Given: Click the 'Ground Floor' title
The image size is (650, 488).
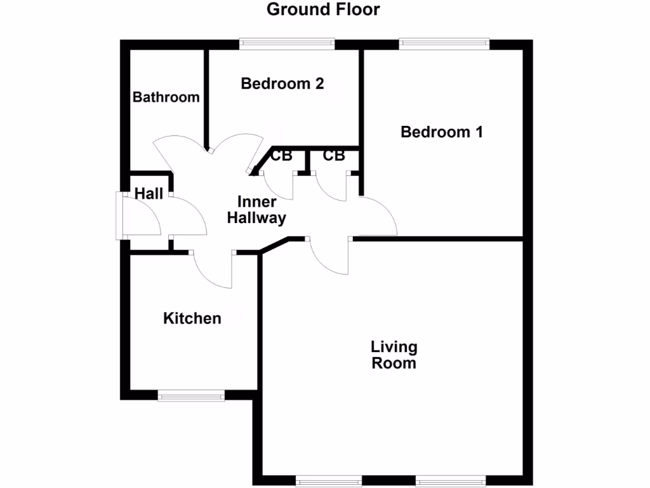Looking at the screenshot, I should tap(323, 10).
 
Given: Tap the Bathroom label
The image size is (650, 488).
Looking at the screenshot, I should tap(166, 97).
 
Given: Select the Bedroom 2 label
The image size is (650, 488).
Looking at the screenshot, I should tap(282, 83).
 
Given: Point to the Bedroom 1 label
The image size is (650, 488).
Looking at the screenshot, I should tap(442, 132).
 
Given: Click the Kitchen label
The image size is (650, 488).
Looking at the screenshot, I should tap(192, 318).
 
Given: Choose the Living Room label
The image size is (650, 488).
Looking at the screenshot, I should tap(394, 355).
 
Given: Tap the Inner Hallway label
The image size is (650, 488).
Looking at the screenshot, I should tap(257, 210).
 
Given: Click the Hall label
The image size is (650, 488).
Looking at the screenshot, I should tap(149, 194).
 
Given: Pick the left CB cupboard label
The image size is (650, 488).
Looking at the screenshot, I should tap(281, 156).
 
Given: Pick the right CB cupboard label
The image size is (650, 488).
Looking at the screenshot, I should tap(333, 156).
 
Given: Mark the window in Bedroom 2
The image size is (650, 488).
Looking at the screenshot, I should tap(287, 44).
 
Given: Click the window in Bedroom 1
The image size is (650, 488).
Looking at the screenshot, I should tap(444, 44).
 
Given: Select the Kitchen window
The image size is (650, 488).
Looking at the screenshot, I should tap(191, 396).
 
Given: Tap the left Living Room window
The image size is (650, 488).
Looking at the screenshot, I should tap(328, 480).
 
